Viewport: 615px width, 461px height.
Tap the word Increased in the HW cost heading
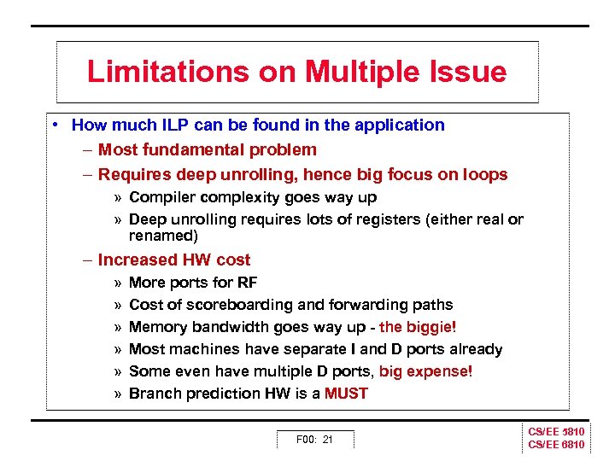point(135,260)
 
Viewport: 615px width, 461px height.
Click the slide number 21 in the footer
point(327,440)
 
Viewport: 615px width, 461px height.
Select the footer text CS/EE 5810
point(556,433)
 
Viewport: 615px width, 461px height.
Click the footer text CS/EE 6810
point(556,446)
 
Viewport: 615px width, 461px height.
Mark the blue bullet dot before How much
point(54,125)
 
